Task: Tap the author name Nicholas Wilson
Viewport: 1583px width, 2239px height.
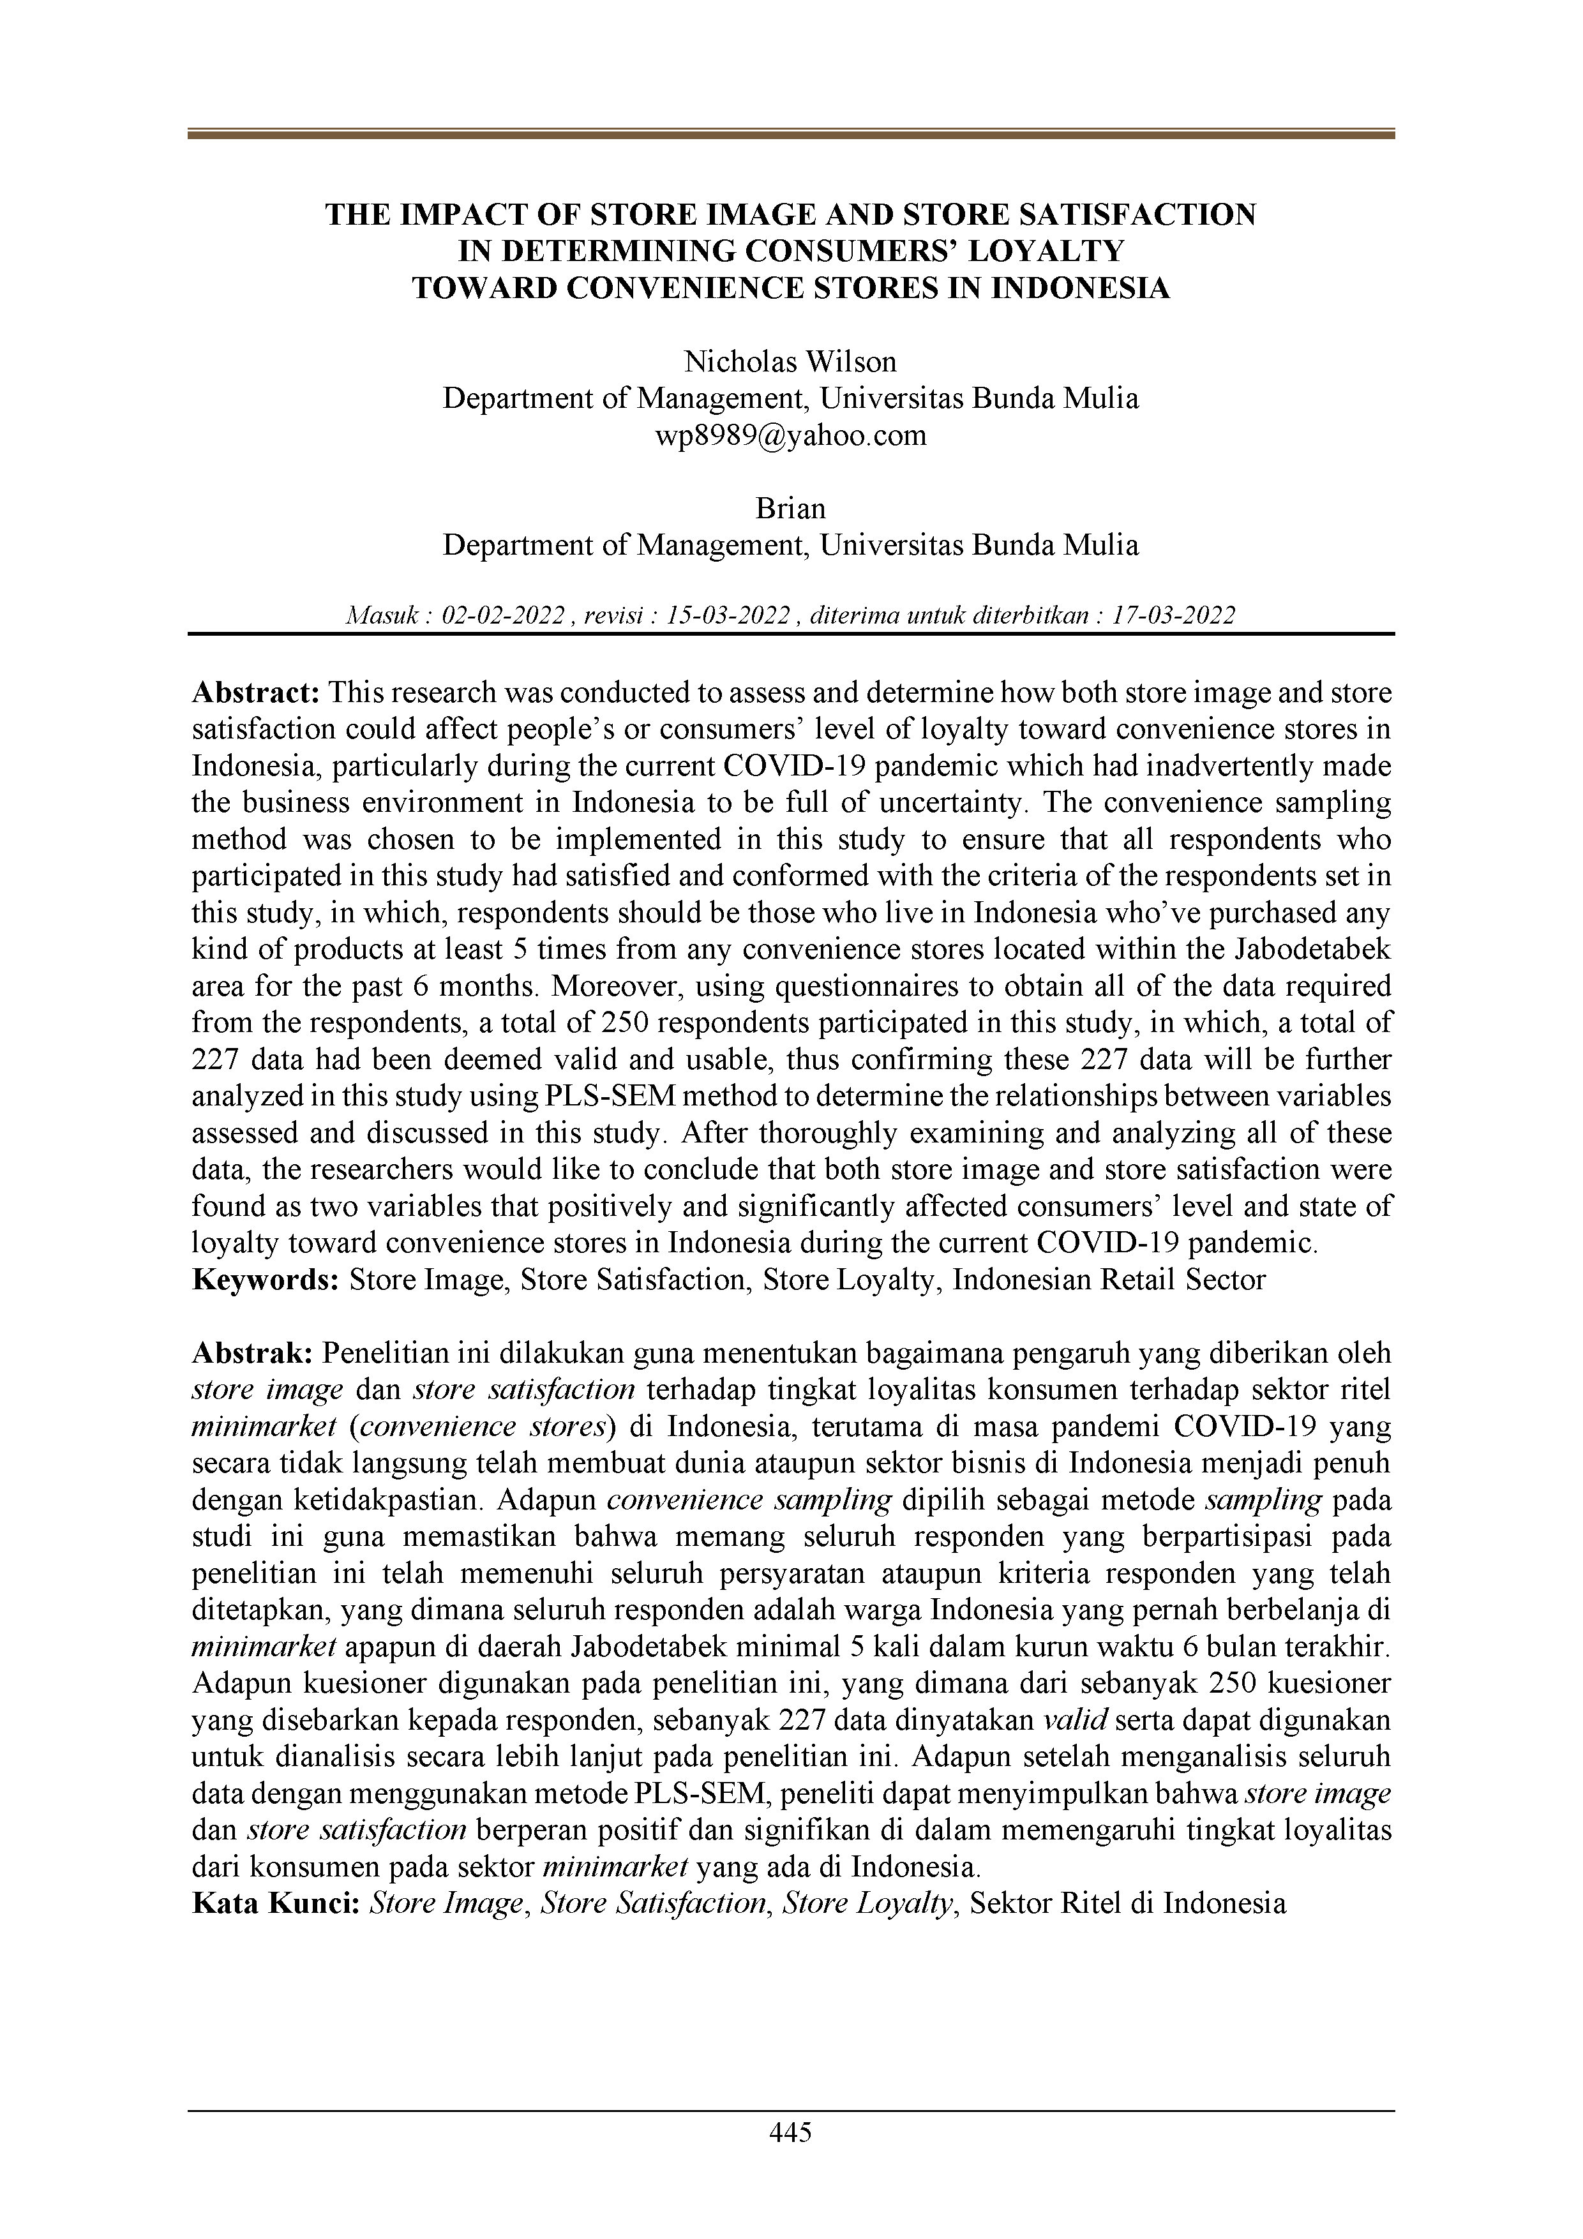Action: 790,362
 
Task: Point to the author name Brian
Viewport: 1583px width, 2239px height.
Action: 790,508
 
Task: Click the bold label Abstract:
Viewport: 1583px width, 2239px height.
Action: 257,693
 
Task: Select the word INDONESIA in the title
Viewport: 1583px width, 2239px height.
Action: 1080,288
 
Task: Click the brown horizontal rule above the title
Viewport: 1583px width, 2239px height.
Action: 790,135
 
